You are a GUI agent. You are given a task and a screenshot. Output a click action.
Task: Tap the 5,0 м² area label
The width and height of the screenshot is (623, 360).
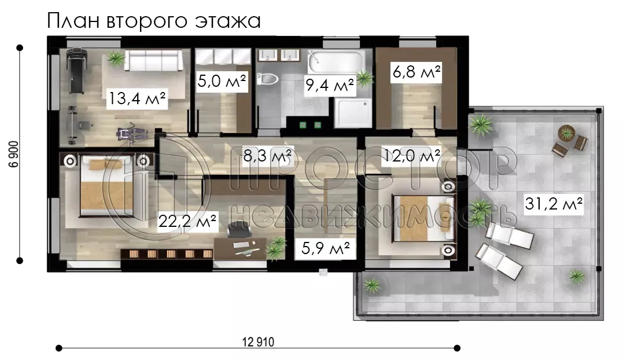(222, 82)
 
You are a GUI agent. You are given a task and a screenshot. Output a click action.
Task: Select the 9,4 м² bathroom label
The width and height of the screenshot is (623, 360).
(329, 86)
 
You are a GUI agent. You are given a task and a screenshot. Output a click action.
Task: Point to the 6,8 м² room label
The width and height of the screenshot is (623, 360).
(416, 73)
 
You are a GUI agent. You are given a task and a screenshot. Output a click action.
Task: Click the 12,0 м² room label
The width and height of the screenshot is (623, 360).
(412, 156)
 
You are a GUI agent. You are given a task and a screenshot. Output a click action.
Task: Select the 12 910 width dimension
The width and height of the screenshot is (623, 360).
(257, 342)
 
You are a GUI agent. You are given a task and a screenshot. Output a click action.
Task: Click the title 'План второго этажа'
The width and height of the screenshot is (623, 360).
(153, 21)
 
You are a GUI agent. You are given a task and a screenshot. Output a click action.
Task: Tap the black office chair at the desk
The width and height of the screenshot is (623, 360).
(235, 230)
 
